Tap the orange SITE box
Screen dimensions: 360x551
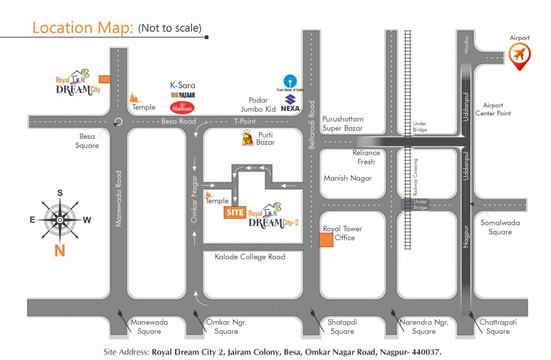(235, 212)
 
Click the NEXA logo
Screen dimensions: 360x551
(290, 103)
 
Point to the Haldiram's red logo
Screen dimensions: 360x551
(182, 107)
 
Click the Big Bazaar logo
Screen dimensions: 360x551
(183, 95)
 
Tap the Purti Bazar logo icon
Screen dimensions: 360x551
(247, 138)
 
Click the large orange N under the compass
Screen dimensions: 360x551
(60, 251)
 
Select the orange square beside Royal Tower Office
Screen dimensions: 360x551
(326, 240)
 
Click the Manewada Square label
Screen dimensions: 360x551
(149, 327)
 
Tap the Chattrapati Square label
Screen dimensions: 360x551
(498, 327)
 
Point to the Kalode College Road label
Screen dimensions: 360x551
(250, 257)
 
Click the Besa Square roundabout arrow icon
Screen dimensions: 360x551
(118, 122)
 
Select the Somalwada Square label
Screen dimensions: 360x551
(500, 227)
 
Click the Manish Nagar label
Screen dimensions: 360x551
(348, 178)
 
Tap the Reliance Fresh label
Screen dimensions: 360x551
(366, 157)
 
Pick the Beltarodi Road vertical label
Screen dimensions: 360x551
(312, 125)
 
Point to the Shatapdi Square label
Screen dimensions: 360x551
(342, 327)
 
